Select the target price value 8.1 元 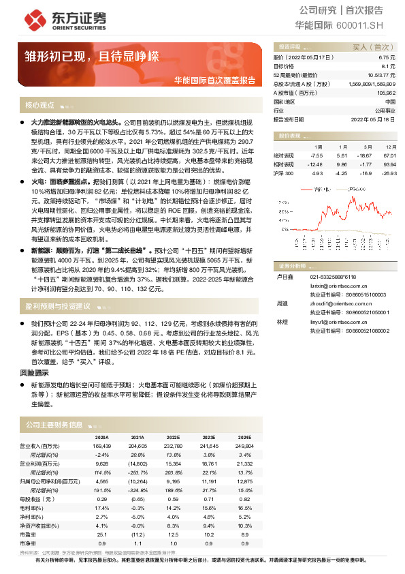pos(387,67)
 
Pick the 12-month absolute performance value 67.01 pos(389,155)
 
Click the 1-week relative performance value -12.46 pos(314,164)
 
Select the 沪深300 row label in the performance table pos(284,173)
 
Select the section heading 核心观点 pos(40,105)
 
